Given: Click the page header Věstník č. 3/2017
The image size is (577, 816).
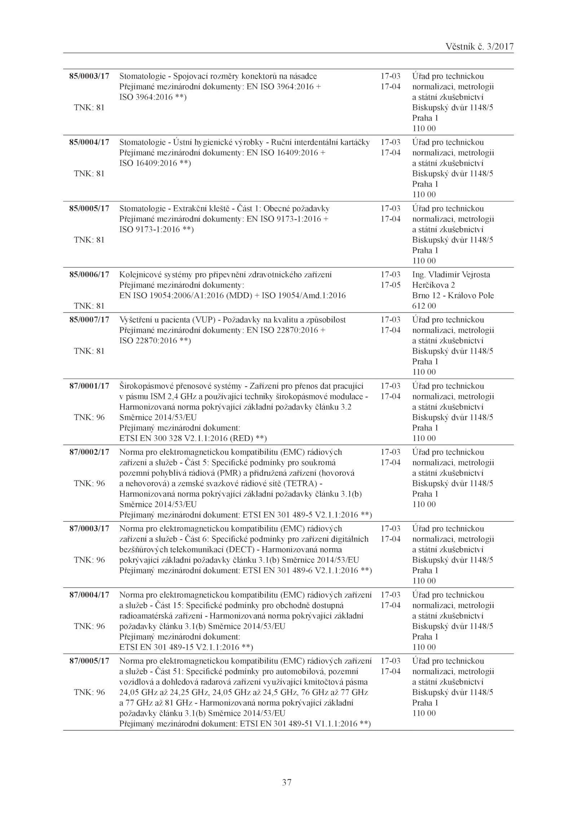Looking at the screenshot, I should (479, 47).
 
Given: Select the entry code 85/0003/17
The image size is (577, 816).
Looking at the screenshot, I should (89, 76).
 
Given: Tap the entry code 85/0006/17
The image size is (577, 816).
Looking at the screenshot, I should (89, 275).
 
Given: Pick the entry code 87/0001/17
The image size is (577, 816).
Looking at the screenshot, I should (89, 386).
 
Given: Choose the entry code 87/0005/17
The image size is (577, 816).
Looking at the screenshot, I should (89, 661).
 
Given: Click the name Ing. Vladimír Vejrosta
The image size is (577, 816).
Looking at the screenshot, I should (451, 275).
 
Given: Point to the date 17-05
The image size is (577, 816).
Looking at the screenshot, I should (391, 285).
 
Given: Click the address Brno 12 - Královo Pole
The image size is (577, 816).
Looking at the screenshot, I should (453, 296).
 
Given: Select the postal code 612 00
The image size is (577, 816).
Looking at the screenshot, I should (424, 306).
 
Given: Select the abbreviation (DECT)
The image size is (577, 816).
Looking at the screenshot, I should (241, 550).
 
